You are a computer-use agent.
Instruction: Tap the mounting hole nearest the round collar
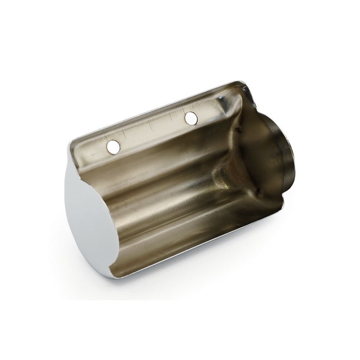click(191, 118)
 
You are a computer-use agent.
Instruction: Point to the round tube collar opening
click(273, 150)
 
